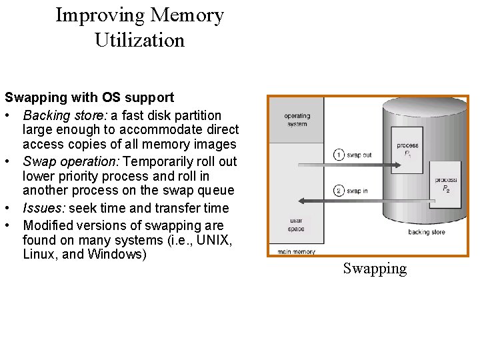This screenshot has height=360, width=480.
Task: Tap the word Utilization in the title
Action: (139, 41)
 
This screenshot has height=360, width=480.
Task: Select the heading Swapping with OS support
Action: (89, 99)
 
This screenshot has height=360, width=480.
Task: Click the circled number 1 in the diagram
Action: (339, 155)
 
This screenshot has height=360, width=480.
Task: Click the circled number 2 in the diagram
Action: (339, 191)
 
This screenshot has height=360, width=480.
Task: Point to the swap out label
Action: (359, 155)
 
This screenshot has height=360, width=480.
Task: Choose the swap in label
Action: (358, 191)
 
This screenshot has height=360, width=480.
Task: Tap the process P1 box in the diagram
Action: (407, 149)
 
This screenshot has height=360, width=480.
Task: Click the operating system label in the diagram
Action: (297, 119)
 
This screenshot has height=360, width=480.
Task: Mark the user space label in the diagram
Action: (296, 225)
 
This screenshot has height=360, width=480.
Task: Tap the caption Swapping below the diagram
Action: (375, 269)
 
